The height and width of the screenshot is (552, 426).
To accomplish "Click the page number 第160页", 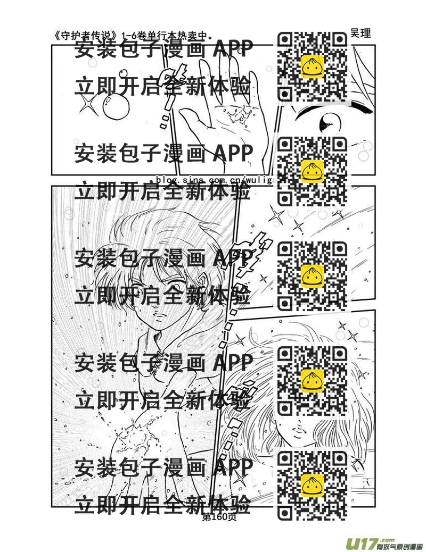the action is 218,516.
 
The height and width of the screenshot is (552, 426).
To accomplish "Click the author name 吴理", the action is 361,33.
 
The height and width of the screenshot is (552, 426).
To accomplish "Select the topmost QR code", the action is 313,66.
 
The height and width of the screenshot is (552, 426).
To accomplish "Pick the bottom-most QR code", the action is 313,484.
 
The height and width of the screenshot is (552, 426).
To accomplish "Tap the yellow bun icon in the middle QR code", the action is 313,275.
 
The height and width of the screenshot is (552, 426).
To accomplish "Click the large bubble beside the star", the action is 113,109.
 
